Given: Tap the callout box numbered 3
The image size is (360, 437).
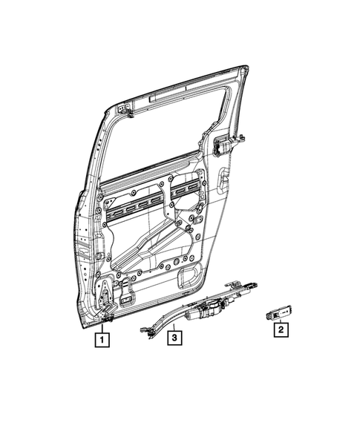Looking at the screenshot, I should click(173, 340).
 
